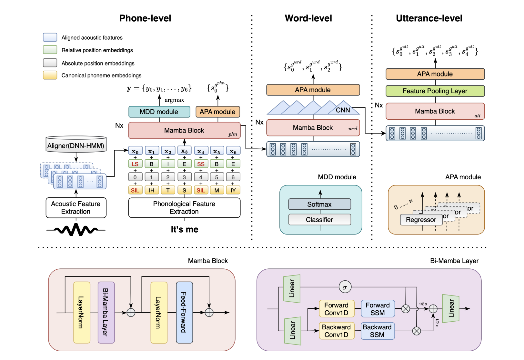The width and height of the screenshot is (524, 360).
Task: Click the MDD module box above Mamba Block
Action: tap(159, 112)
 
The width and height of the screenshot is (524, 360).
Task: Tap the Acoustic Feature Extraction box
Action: tap(76, 208)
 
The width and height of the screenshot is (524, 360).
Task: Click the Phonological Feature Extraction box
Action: tap(184, 208)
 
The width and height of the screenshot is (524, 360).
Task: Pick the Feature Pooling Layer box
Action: tap(435, 91)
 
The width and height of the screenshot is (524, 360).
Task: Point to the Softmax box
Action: tap(319, 204)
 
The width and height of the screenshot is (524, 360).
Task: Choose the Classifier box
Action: tap(319, 220)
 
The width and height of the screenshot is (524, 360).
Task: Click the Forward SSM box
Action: tap(378, 309)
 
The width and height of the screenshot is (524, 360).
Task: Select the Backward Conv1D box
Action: tap(337, 331)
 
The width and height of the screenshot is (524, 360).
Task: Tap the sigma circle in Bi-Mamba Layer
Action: tap(345, 287)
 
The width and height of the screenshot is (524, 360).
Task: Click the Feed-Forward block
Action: tap(184, 312)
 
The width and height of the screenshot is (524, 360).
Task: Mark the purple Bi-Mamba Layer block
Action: tap(106, 312)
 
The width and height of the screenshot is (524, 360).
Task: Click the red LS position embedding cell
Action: tap(135, 164)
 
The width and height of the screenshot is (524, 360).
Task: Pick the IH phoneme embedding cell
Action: tap(151, 190)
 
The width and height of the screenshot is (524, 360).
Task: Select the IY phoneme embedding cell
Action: tap(233, 190)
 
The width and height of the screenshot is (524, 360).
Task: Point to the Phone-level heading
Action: tap(145, 18)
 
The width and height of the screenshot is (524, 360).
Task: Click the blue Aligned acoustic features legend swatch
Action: tap(50, 37)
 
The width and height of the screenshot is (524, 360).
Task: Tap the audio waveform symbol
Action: tap(76, 230)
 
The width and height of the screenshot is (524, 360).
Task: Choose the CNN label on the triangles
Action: tap(343, 110)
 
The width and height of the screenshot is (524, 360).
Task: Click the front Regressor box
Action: tap(421, 220)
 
